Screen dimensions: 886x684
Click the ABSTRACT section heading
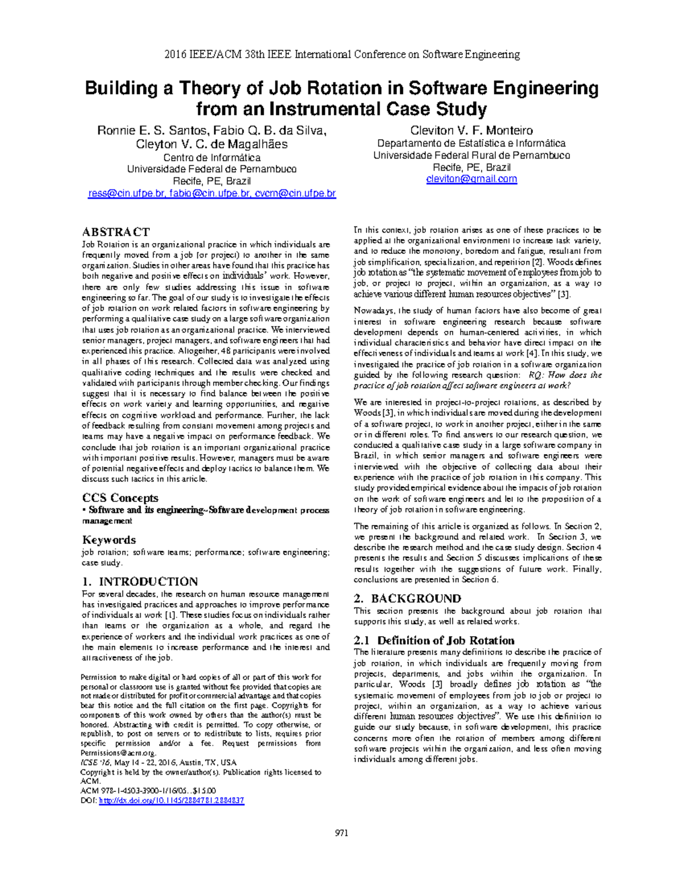[116, 232]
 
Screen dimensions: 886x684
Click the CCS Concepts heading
[120, 497]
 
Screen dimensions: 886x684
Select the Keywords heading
[109, 540]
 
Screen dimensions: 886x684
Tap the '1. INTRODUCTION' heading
[140, 581]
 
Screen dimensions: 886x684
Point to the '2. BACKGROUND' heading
[408, 598]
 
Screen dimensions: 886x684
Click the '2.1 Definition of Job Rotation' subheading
[434, 640]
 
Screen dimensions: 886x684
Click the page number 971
[341, 832]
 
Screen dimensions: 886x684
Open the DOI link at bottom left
[172, 800]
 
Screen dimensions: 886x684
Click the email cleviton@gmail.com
[471, 179]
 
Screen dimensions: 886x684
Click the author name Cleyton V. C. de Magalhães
[211, 144]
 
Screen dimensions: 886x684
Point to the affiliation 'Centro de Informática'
[211, 157]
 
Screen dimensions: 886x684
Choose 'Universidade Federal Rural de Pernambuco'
[471, 155]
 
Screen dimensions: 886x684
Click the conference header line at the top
[341, 55]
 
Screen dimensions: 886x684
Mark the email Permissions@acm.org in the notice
[118, 753]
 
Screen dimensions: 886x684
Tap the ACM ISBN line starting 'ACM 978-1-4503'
[148, 791]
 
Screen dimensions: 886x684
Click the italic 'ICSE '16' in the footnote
[95, 762]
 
